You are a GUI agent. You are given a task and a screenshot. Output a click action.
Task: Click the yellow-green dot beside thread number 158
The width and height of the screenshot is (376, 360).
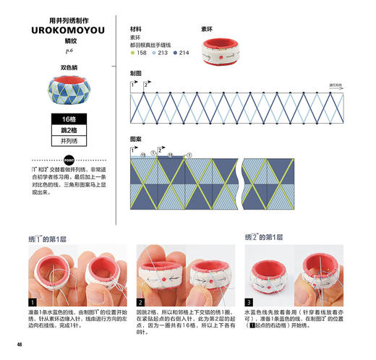tap(132, 53)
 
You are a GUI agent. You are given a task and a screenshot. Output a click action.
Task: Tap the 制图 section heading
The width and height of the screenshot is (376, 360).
tap(136, 74)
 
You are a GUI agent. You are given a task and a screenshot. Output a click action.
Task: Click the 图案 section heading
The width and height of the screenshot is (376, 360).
tap(136, 137)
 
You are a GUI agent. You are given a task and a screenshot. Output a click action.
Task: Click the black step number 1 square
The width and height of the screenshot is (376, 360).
tap(33, 301)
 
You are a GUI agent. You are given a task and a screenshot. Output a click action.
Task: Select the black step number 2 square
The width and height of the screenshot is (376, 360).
tap(140, 301)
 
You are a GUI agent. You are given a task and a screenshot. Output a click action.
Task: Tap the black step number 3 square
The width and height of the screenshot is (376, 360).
tap(249, 301)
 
